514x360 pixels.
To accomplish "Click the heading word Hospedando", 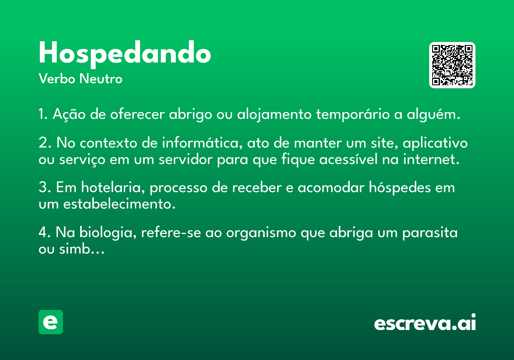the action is point(125,54).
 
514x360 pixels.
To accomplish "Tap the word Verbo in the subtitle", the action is point(57,78).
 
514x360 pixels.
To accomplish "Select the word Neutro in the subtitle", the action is point(101,78).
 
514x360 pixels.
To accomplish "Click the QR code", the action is point(452,65).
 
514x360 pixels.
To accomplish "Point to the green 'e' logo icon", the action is point(51,322).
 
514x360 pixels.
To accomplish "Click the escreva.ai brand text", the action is point(425,322).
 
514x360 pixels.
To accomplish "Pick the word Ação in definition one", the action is point(69,114).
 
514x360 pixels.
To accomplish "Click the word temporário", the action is point(353,114).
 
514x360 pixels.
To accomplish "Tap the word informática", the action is point(202,143).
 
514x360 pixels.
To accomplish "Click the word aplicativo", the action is point(435,143).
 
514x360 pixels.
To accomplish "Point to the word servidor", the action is point(185,159).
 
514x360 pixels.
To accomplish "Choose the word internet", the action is point(431,159).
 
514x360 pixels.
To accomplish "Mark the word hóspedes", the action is point(400,188).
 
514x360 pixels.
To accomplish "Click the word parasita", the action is point(430,233).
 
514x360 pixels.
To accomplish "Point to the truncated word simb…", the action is point(82,249).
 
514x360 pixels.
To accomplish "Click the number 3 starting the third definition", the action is point(43,187).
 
